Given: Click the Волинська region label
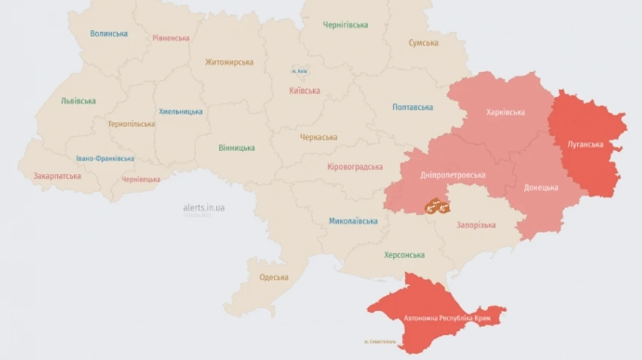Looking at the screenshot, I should pyautogui.click(x=108, y=34).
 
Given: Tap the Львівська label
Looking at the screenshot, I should pyautogui.click(x=78, y=101).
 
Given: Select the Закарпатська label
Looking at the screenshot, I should pyautogui.click(x=57, y=175).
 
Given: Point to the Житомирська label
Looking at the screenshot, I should pyautogui.click(x=229, y=62).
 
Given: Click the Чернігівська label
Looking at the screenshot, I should pyautogui.click(x=345, y=25).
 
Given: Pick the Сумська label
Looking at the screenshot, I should pyautogui.click(x=423, y=43).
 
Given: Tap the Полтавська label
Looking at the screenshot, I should pyautogui.click(x=412, y=108).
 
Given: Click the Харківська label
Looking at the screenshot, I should pyautogui.click(x=505, y=113).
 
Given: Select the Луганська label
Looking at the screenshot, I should pyautogui.click(x=585, y=145).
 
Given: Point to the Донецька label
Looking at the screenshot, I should pyautogui.click(x=541, y=188).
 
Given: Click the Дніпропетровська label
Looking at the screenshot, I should pyautogui.click(x=453, y=175).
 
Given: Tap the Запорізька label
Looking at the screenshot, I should pyautogui.click(x=476, y=225).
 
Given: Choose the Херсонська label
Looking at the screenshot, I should pyautogui.click(x=404, y=255).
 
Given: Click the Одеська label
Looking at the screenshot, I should pyautogui.click(x=274, y=277).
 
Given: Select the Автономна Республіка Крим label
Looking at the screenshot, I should pyautogui.click(x=442, y=317).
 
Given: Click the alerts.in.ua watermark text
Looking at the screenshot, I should pyautogui.click(x=204, y=207).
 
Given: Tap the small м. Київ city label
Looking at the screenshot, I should pyautogui.click(x=300, y=71).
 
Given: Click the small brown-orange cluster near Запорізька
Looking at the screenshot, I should pyautogui.click(x=437, y=207).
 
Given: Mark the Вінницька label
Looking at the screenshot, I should pyautogui.click(x=236, y=148).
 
